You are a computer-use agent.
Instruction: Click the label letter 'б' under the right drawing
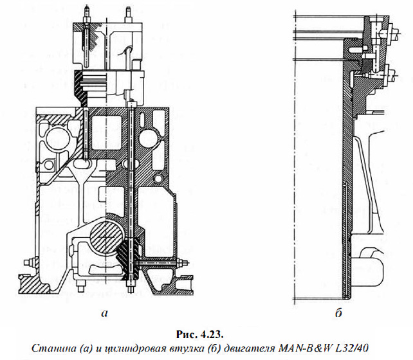(338, 314)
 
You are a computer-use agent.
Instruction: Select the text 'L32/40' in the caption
(351, 347)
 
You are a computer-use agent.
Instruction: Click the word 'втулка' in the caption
(191, 347)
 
